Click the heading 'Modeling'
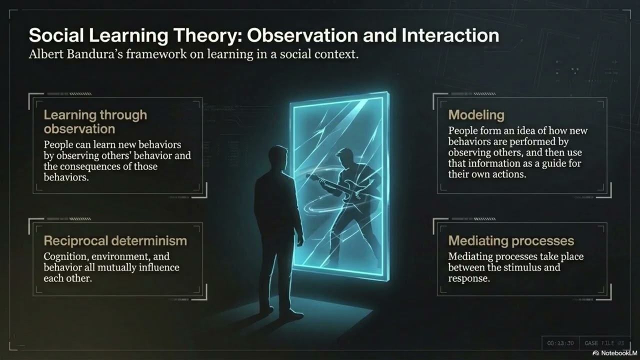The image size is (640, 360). tap(476, 115)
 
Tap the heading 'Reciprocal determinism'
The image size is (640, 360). tap(115, 240)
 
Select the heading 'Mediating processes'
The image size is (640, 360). tap(511, 240)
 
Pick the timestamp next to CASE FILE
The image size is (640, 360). tap(560, 343)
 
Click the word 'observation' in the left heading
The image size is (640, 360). tap(79, 128)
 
